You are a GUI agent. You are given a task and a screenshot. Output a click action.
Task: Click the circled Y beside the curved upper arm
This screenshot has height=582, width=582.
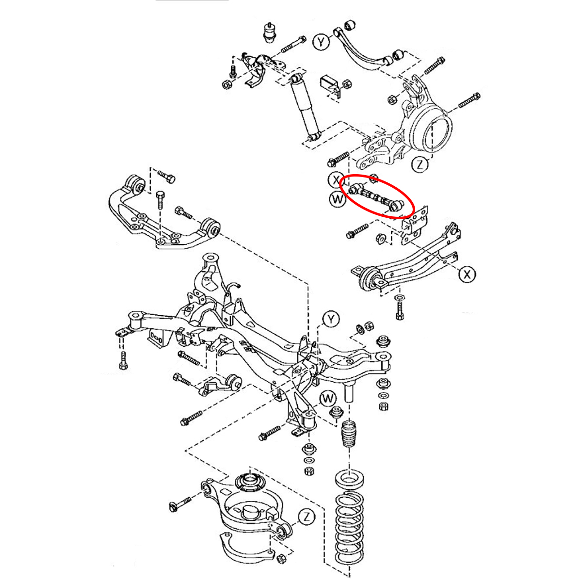(321, 42)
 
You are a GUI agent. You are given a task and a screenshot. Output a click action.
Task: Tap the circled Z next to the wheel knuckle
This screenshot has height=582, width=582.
(420, 165)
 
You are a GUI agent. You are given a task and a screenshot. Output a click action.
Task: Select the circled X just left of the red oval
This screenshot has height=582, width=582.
(335, 180)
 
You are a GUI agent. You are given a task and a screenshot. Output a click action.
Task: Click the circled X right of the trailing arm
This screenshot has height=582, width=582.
(467, 275)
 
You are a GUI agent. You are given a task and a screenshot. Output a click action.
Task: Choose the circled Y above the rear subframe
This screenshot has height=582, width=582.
(331, 319)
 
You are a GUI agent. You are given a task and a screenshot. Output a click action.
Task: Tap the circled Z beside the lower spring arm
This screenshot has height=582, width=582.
(306, 517)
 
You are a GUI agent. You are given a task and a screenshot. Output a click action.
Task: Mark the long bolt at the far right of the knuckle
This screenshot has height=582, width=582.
(469, 100)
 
